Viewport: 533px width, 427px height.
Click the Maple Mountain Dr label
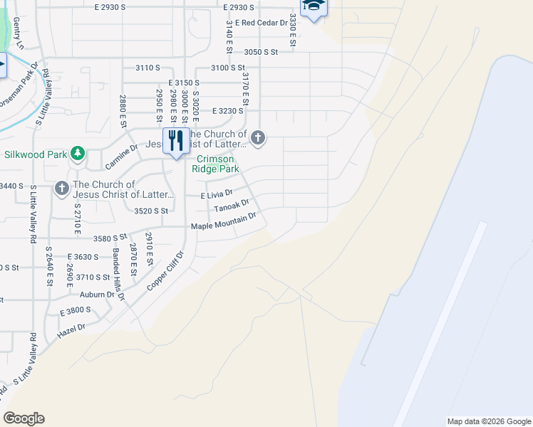222,226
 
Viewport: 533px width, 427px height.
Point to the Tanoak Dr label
231,206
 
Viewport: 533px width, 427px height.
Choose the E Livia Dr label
217,193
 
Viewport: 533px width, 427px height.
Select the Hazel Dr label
71,327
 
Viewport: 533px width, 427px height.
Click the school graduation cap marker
312,8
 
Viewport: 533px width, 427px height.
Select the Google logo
24,418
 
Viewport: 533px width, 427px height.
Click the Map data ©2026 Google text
488,421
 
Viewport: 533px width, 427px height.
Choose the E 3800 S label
76,311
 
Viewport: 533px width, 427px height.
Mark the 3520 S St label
150,211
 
